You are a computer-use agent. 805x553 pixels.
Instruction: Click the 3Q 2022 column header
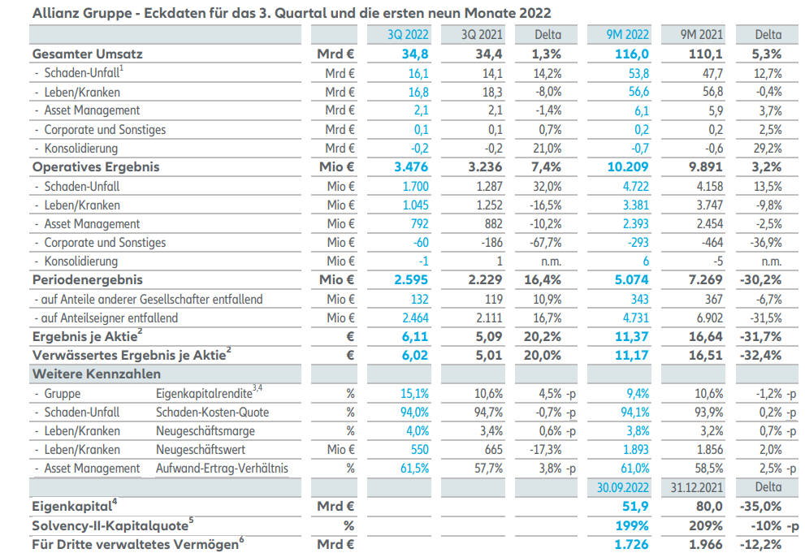409,34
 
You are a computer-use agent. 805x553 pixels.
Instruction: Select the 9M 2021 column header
701,34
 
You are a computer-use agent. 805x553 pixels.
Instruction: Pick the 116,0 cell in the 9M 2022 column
632,54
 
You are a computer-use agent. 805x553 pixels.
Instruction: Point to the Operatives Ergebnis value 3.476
410,167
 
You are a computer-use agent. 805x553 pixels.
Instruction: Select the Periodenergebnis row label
87,280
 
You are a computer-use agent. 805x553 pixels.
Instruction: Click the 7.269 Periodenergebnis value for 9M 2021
703,280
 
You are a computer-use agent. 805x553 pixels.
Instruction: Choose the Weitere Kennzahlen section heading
96,374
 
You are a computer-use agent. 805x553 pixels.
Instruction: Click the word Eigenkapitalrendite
203,394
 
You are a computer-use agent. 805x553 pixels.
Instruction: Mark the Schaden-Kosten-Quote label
212,413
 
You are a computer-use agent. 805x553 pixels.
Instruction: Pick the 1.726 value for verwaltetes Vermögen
631,544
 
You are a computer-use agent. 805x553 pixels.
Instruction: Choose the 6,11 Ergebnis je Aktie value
415,337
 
